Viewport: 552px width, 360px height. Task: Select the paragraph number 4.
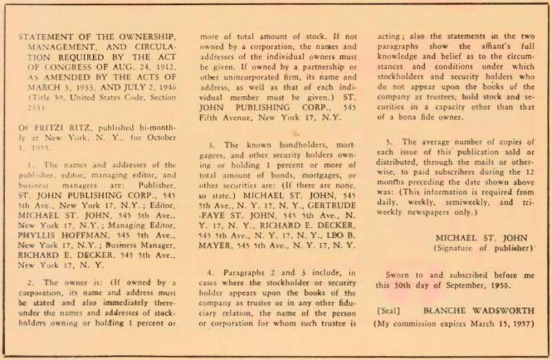(213, 272)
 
